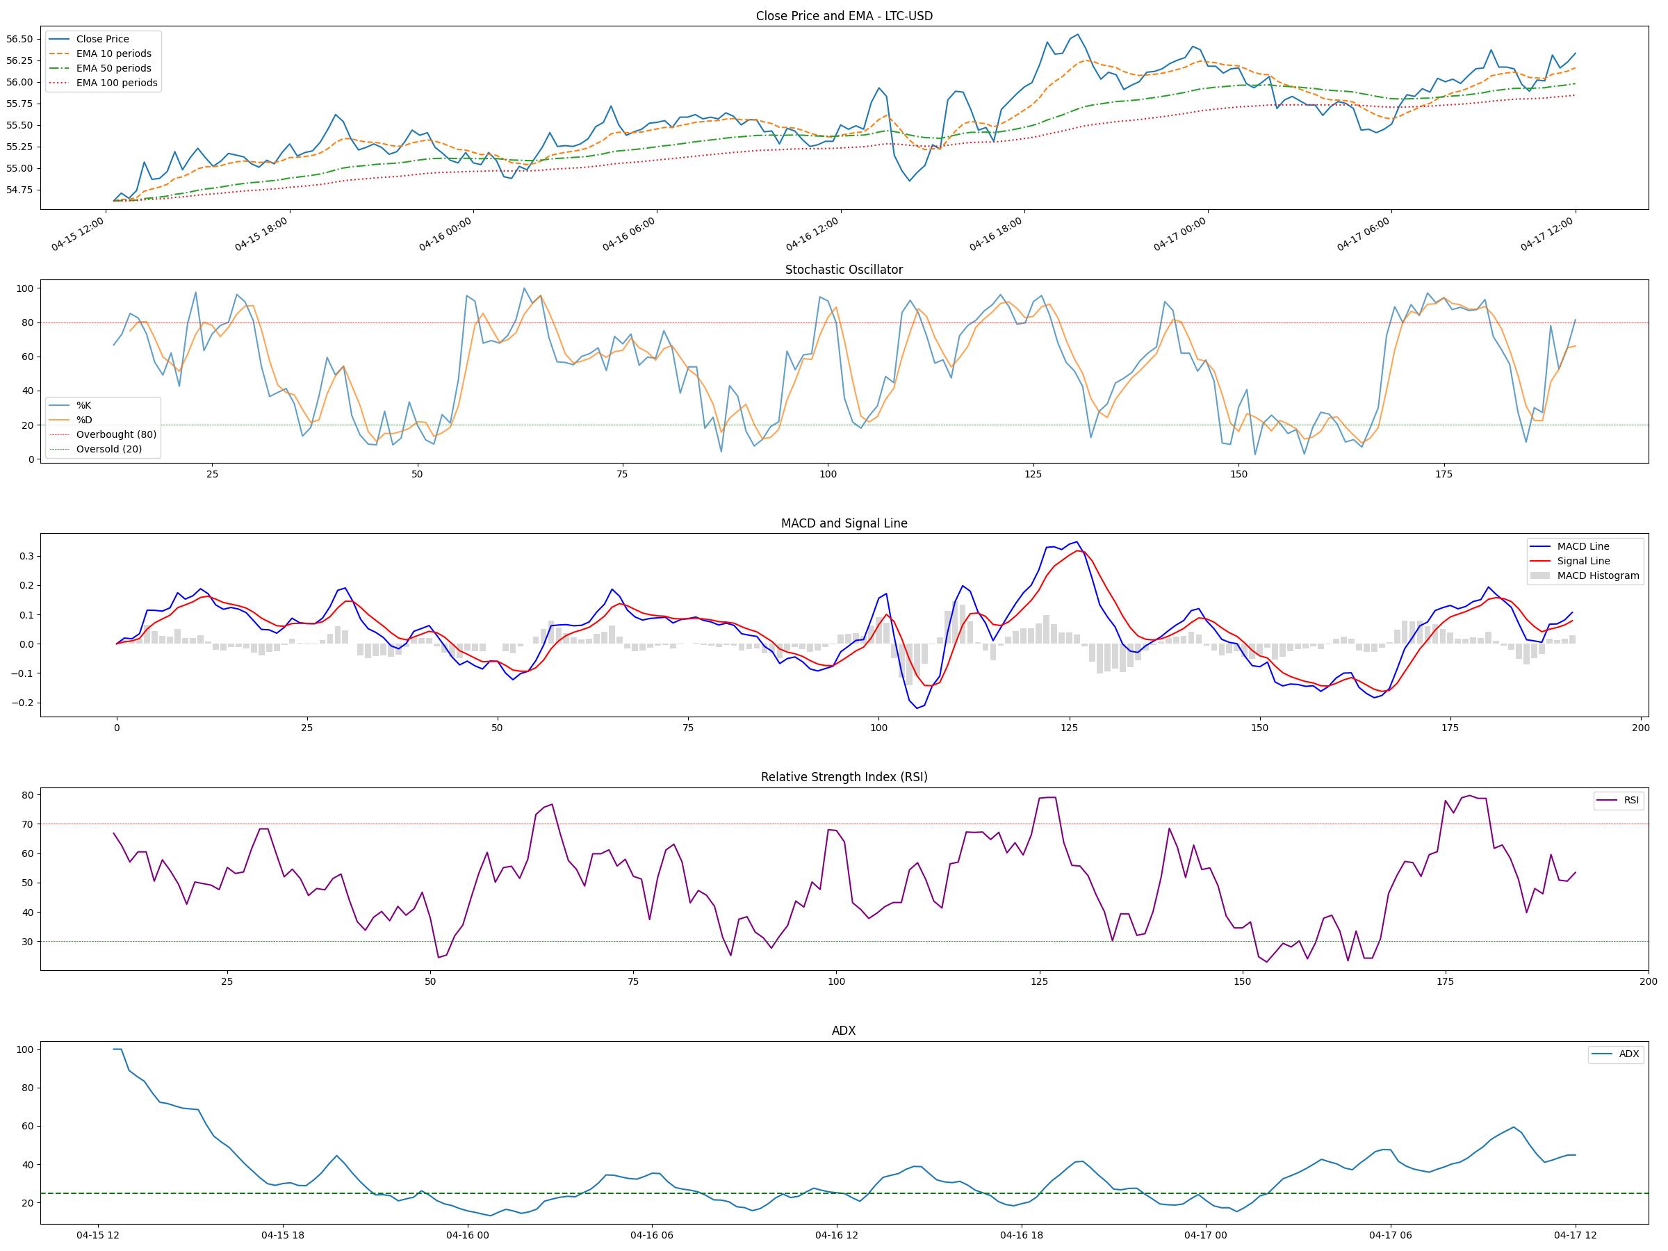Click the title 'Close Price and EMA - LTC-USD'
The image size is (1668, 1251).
pos(844,16)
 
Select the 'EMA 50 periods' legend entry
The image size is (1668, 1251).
pos(113,69)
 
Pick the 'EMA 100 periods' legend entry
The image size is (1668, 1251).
pos(116,83)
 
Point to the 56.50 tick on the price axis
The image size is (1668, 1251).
pos(19,39)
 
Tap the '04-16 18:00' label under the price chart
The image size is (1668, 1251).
pos(996,234)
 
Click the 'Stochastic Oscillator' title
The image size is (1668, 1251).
pos(844,270)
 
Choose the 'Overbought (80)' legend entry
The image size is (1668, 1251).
pos(116,434)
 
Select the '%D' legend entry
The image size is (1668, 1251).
pos(83,420)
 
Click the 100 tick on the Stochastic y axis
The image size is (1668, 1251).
pos(25,288)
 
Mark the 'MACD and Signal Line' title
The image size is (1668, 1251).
pos(844,523)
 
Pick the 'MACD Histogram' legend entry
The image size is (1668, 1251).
pos(1598,575)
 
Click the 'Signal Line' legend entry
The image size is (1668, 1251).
pos(1583,561)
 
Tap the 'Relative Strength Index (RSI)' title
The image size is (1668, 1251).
pos(844,777)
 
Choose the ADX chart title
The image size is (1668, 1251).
pos(844,1031)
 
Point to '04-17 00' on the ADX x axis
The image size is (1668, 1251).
pos(1205,1235)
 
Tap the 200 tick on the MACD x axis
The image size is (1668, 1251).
pos(1640,728)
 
